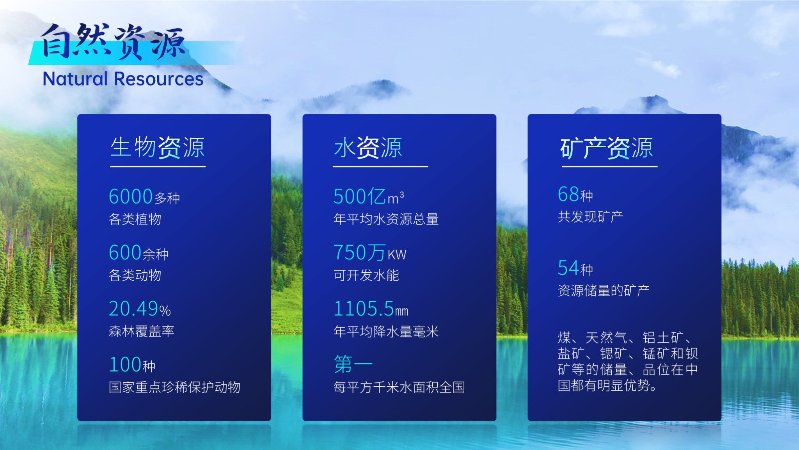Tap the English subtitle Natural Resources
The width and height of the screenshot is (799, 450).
click(123, 79)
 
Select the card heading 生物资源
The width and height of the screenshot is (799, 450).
click(157, 148)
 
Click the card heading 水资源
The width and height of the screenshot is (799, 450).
click(368, 148)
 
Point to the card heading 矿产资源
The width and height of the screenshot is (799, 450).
click(607, 148)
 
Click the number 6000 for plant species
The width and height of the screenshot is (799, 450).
click(131, 196)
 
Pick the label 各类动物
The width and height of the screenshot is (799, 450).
click(135, 275)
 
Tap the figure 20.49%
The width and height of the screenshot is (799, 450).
click(140, 309)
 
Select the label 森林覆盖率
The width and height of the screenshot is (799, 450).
click(142, 331)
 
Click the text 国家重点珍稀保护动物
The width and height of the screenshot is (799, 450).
click(175, 387)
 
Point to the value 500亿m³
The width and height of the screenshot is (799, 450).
click(369, 196)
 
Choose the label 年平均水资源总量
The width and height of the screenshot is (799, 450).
click(386, 219)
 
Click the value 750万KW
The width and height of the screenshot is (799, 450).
click(370, 253)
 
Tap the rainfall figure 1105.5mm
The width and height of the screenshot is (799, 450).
click(371, 309)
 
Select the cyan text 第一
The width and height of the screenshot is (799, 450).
click(353, 364)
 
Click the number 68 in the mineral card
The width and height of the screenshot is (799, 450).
click(568, 194)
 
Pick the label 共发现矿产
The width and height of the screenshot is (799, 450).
click(590, 216)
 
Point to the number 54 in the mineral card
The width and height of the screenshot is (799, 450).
click(568, 268)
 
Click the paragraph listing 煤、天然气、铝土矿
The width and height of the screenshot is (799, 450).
click(628, 362)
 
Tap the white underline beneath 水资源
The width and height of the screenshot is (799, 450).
click(380, 167)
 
